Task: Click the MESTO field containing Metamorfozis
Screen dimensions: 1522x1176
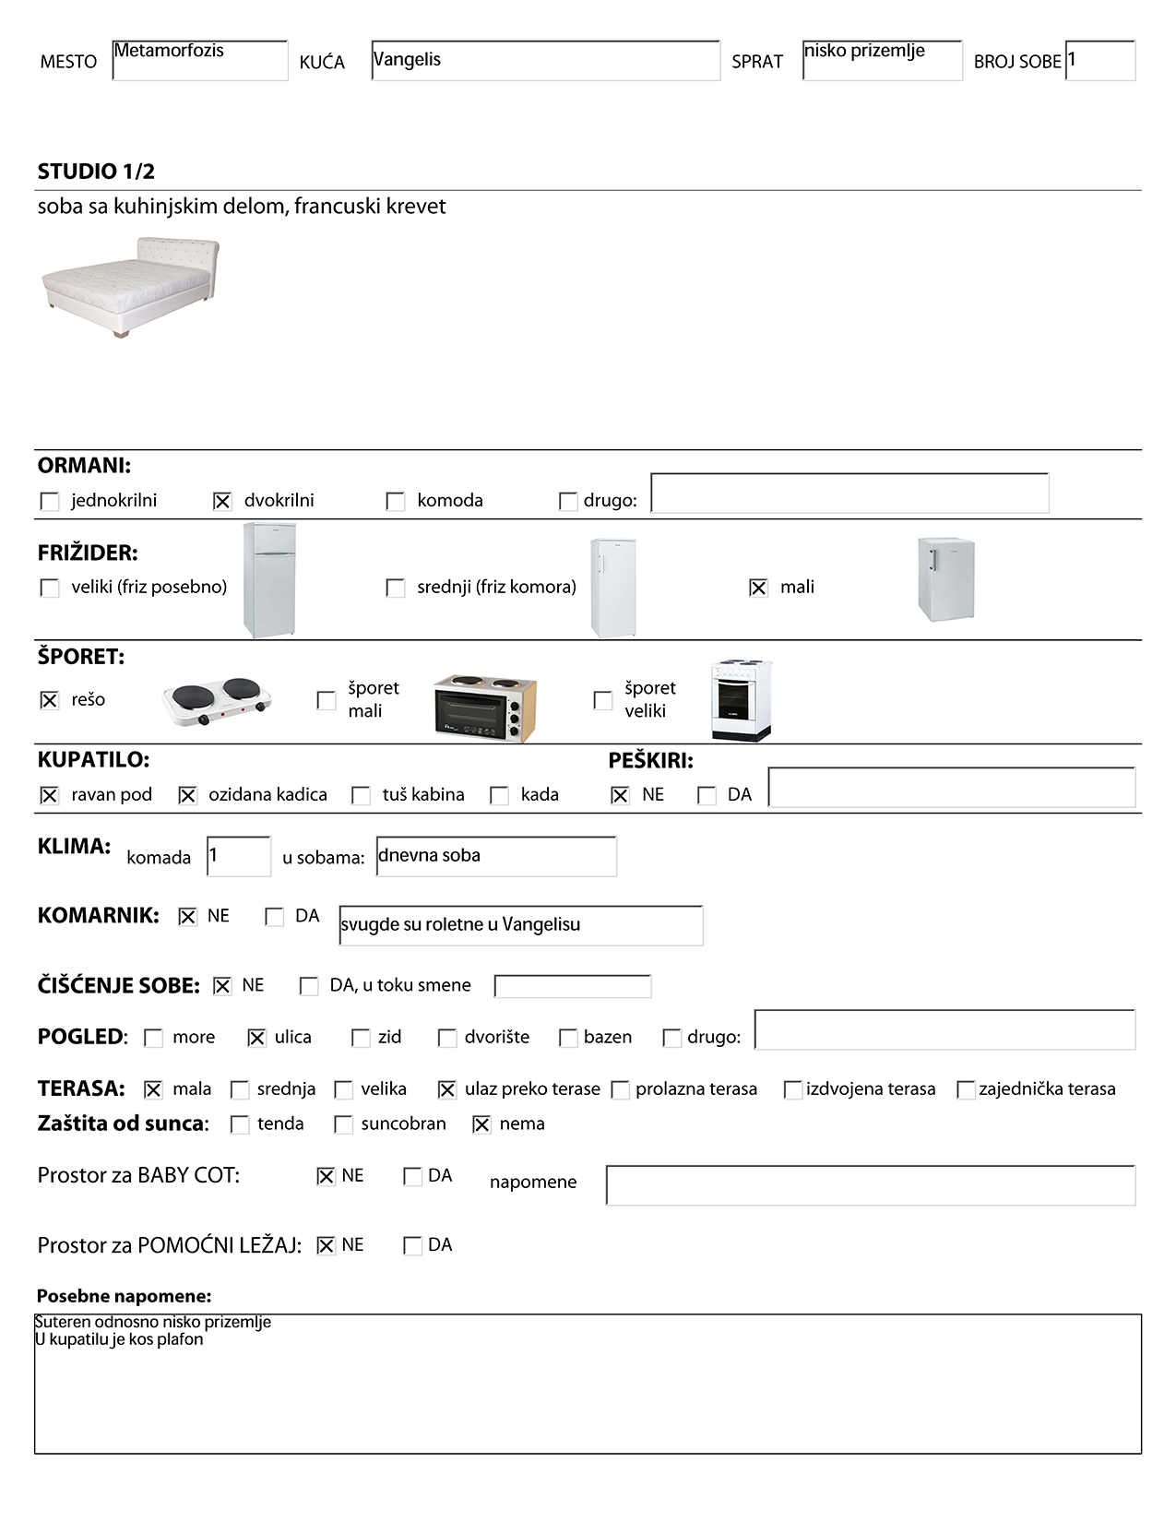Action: [x=199, y=61]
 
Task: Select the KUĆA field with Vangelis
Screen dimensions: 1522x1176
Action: [x=545, y=61]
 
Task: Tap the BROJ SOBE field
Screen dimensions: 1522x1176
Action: [x=1099, y=61]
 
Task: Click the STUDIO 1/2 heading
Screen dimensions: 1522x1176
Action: [x=96, y=172]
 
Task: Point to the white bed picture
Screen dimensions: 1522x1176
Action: [x=131, y=286]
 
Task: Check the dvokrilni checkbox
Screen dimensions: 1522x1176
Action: [x=222, y=501]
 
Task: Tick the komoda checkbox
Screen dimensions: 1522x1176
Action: [x=396, y=501]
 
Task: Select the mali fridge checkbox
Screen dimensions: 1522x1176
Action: [x=758, y=588]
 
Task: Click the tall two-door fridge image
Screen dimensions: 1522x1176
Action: [x=269, y=580]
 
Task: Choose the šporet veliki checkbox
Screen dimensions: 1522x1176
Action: [x=603, y=700]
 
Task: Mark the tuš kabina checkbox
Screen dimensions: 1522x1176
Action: [x=362, y=795]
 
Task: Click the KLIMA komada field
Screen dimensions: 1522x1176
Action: [x=239, y=857]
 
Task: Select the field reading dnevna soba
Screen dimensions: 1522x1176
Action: [x=496, y=857]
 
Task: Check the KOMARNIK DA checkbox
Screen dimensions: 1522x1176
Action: [x=275, y=917]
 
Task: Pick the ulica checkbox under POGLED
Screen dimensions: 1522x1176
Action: [x=256, y=1038]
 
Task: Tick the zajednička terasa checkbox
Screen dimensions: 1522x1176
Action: [x=966, y=1090]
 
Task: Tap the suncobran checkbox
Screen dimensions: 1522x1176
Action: [x=344, y=1124]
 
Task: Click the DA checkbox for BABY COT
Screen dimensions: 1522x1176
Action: [x=412, y=1177]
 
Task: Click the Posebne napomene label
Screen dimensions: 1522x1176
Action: [x=125, y=1297]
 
